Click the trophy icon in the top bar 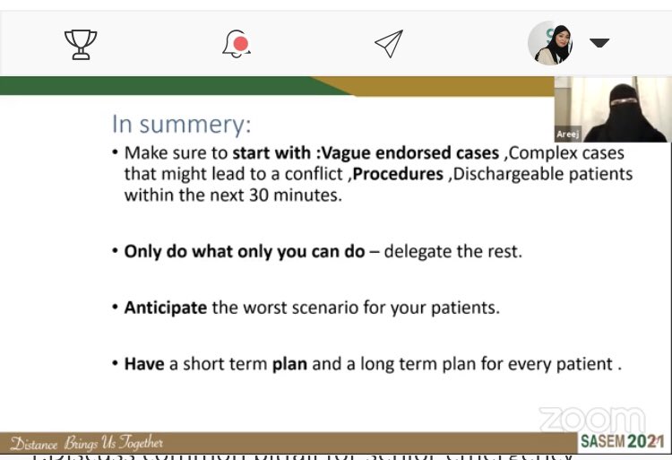[81, 43]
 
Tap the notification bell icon [236, 43]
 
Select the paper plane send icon [388, 43]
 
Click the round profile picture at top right [550, 43]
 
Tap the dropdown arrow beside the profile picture [599, 43]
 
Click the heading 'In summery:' [182, 123]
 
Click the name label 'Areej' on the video [568, 134]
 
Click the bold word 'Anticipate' [167, 308]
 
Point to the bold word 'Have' [144, 364]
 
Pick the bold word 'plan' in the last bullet [290, 364]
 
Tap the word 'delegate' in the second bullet [415, 252]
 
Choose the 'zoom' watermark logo [591, 418]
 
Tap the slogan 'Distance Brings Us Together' [87, 443]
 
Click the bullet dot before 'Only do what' [115, 252]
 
